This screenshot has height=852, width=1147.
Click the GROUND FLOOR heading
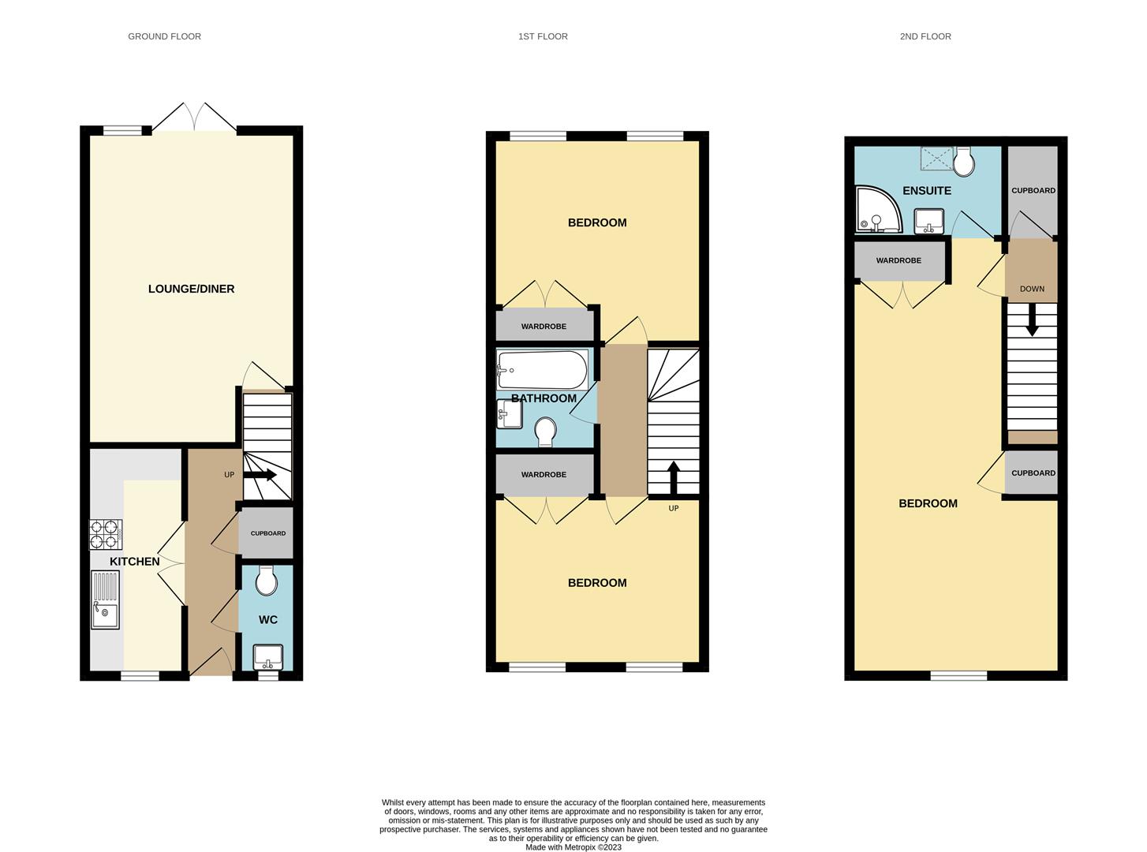[164, 36]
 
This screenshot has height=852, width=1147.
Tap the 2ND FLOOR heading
[925, 36]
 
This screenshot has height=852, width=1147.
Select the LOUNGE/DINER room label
[191, 289]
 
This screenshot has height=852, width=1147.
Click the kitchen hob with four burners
[105, 534]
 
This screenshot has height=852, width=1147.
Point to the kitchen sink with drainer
[105, 600]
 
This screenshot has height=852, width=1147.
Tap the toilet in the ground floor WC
[267, 581]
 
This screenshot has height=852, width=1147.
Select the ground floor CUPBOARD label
[267, 533]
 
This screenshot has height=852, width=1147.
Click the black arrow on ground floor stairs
[260, 475]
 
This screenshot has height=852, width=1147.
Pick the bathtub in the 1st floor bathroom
[541, 369]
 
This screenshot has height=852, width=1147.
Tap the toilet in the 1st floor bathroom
[544, 431]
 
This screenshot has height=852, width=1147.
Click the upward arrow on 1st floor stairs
[673, 476]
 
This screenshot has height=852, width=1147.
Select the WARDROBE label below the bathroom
[544, 475]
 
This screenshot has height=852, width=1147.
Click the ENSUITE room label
[926, 191]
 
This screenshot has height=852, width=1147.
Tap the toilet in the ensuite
[963, 161]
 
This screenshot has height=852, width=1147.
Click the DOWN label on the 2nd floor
[1031, 289]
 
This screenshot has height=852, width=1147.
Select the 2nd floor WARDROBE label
[899, 260]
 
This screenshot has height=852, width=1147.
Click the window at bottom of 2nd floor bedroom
[958, 675]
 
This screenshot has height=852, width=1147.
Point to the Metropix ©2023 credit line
[573, 847]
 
